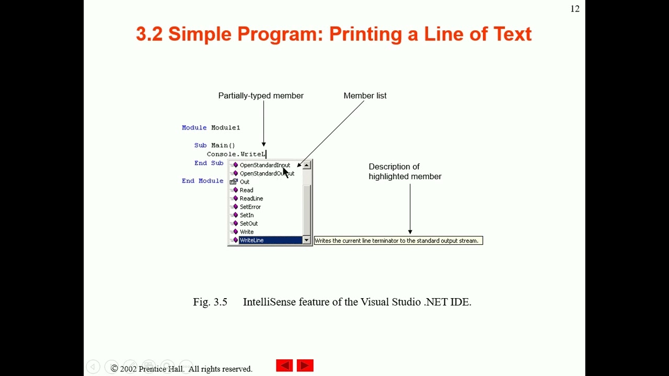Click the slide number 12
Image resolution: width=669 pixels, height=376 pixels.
pyautogui.click(x=575, y=9)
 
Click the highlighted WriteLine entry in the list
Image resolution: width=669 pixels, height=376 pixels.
pyautogui.click(x=252, y=240)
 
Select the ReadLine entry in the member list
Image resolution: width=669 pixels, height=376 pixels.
pyautogui.click(x=251, y=198)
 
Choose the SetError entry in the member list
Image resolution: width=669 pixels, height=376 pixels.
pyautogui.click(x=250, y=207)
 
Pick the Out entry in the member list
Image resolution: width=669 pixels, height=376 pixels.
pyautogui.click(x=245, y=182)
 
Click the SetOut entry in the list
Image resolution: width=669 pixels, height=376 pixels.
pyautogui.click(x=249, y=224)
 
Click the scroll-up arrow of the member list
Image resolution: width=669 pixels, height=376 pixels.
pyautogui.click(x=307, y=166)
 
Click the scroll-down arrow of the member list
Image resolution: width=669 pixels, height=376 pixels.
pyautogui.click(x=307, y=240)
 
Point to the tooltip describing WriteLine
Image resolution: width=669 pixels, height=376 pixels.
pyautogui.click(x=397, y=241)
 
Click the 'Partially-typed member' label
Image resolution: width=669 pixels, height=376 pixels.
pyautogui.click(x=261, y=96)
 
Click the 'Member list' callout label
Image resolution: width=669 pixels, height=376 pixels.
pyautogui.click(x=365, y=96)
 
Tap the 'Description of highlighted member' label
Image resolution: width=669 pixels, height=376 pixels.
pyautogui.click(x=405, y=171)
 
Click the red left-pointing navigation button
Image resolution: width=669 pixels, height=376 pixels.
pyautogui.click(x=284, y=366)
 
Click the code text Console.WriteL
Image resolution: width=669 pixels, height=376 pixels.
pyautogui.click(x=236, y=154)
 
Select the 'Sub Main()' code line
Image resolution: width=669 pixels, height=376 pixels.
pyautogui.click(x=215, y=145)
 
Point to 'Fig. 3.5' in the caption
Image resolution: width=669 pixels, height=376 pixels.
pyautogui.click(x=210, y=302)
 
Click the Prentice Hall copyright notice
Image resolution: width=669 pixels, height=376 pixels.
pyautogui.click(x=181, y=369)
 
